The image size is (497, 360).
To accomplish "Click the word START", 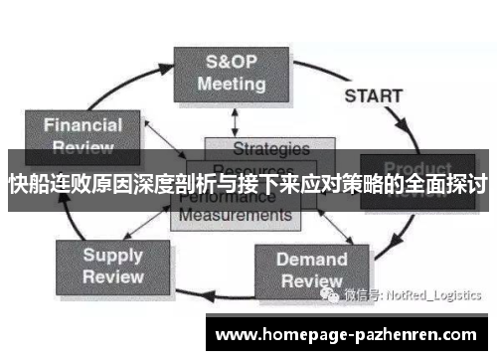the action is tap(374, 96).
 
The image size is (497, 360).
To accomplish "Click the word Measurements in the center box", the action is tap(235, 214).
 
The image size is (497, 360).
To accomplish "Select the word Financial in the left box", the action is tap(84, 125).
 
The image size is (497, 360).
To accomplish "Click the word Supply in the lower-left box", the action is tap(112, 255).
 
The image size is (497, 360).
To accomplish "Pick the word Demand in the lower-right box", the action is tap(311, 260).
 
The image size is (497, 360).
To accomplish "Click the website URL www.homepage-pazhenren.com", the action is tap(347, 334).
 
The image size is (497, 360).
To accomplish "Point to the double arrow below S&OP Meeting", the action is tap(235, 121).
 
